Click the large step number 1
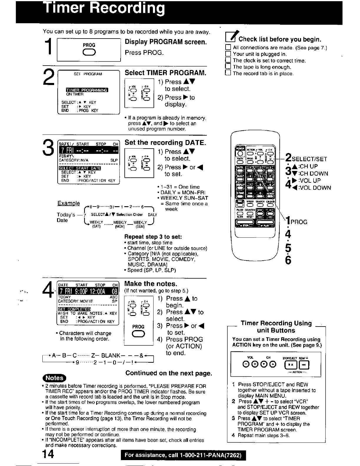click(x=48, y=48)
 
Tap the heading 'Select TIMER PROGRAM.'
click(x=165, y=73)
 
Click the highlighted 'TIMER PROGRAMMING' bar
click(x=87, y=90)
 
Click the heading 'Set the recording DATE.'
click(x=165, y=143)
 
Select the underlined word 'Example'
click(x=69, y=203)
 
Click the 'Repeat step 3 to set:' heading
click(x=153, y=237)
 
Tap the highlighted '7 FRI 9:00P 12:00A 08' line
click(x=88, y=291)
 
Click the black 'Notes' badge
click(x=55, y=378)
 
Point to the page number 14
click(x=47, y=455)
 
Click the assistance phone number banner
click(x=183, y=455)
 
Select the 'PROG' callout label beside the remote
click(x=299, y=222)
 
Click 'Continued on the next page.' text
click(x=169, y=373)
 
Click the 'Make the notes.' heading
click(x=151, y=284)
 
